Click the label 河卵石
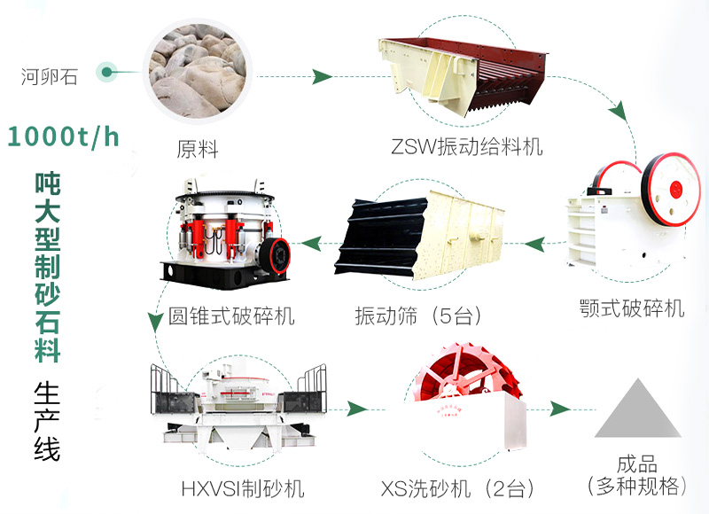click(x=50, y=76)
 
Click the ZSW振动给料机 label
click(x=467, y=145)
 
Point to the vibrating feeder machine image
click(x=464, y=76)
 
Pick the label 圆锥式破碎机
click(x=231, y=315)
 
